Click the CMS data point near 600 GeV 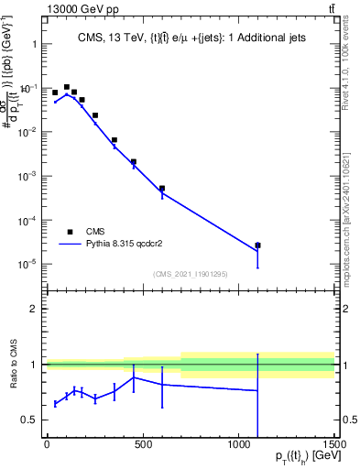click(162, 189)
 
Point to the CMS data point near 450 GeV click(133, 162)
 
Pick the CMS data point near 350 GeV click(114, 140)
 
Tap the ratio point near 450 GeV click(134, 377)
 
